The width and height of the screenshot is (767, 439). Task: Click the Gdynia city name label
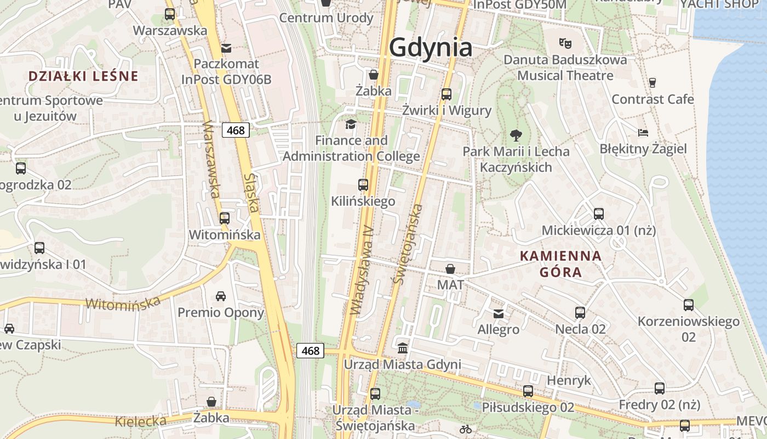431,48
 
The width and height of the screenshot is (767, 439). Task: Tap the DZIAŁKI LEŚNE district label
83,76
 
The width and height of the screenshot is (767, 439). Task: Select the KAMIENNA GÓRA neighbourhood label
560,263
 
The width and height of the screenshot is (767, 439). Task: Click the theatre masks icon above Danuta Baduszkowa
565,42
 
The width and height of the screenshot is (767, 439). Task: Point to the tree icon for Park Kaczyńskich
516,134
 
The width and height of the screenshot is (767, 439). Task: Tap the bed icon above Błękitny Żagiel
643,132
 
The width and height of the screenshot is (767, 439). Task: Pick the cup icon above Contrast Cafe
652,83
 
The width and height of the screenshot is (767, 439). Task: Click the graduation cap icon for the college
351,124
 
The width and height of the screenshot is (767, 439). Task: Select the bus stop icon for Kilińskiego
363,185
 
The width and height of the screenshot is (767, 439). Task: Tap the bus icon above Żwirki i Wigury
447,94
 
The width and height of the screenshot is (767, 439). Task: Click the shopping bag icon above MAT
450,269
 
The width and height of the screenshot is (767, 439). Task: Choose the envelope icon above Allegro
499,313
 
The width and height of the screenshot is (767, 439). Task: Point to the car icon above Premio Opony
221,296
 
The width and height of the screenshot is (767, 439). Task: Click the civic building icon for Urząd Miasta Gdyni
403,348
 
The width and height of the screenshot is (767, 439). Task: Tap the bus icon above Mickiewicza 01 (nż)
598,214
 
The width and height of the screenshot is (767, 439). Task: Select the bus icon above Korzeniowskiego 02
689,305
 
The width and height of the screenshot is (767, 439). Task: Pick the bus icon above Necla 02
580,313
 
